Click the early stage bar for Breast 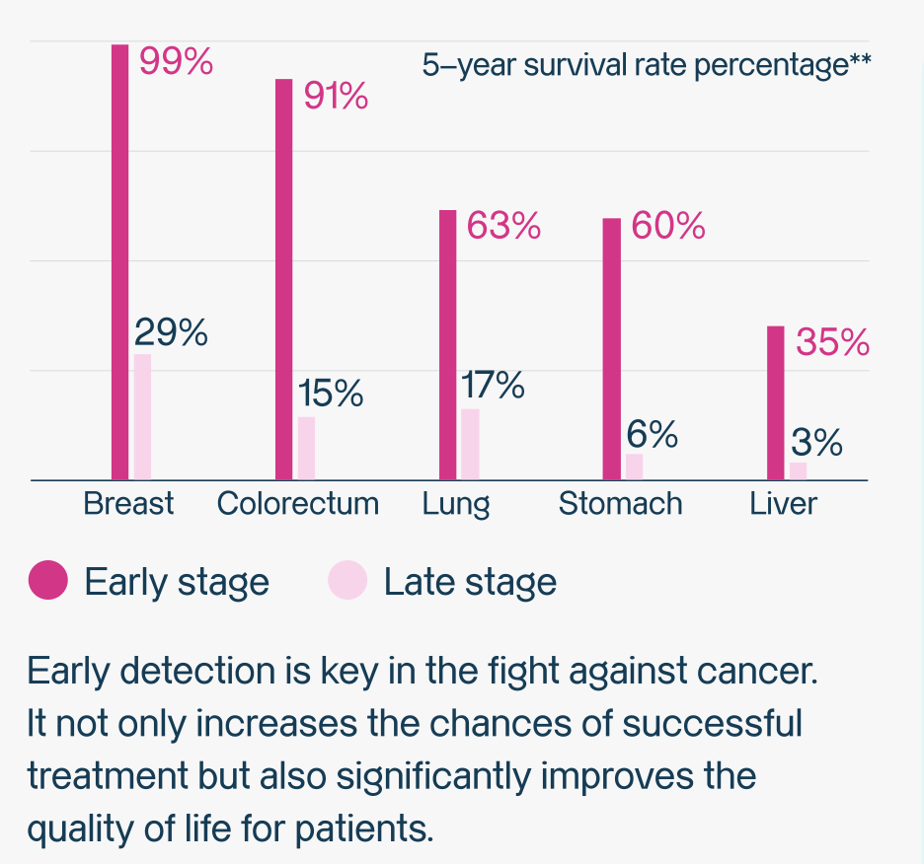point(119,262)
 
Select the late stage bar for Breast point(143,417)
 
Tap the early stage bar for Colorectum point(283,279)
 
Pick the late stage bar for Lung point(470,444)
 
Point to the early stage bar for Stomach point(612,349)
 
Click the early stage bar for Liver point(776,402)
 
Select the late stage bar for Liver point(799,470)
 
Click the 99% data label point(176,62)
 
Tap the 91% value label point(335,97)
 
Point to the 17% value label point(493,386)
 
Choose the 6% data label point(653,434)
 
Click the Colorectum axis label point(297,503)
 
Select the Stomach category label point(620,503)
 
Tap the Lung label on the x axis point(456,503)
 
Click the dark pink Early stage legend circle point(48,580)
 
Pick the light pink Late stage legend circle point(347,580)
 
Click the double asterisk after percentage point(860,65)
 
